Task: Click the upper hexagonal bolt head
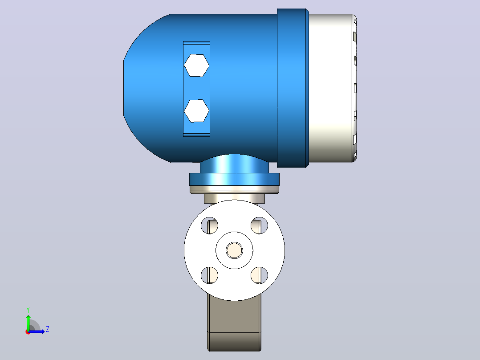pyautogui.click(x=196, y=65)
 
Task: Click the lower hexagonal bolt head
pyautogui.click(x=196, y=110)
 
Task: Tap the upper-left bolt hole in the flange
pyautogui.click(x=209, y=225)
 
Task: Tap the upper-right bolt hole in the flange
pyautogui.click(x=259, y=225)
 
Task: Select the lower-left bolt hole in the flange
pyautogui.click(x=209, y=275)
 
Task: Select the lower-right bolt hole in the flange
pyautogui.click(x=259, y=275)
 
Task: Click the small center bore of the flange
pyautogui.click(x=235, y=250)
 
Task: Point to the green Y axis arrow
pyautogui.click(x=28, y=322)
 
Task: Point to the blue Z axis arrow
pyautogui.click(x=37, y=331)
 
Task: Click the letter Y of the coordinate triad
pyautogui.click(x=28, y=310)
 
